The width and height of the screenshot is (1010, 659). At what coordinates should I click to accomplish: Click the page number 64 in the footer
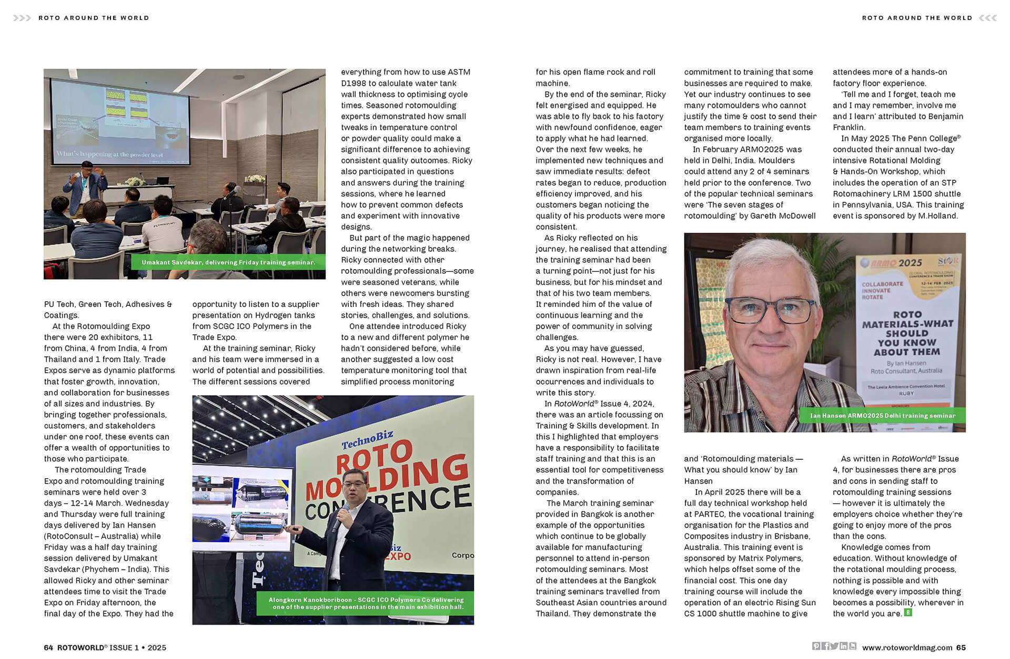click(48, 647)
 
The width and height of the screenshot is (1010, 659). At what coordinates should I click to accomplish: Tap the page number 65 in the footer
click(961, 647)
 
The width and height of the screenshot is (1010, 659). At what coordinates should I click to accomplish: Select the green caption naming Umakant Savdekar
click(228, 262)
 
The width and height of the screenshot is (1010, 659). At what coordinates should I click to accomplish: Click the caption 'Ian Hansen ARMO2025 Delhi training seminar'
click(882, 416)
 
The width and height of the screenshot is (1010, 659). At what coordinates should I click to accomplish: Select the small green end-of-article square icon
click(908, 613)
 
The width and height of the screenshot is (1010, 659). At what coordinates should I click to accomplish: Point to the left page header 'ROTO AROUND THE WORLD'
click(94, 18)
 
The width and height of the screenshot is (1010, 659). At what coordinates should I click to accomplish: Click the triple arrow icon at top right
click(987, 18)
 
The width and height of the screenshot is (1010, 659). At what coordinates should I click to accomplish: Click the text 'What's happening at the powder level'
click(110, 155)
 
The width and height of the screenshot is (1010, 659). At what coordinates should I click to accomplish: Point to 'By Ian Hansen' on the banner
click(906, 363)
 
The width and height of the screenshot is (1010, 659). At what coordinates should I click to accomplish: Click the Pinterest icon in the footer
click(815, 646)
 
